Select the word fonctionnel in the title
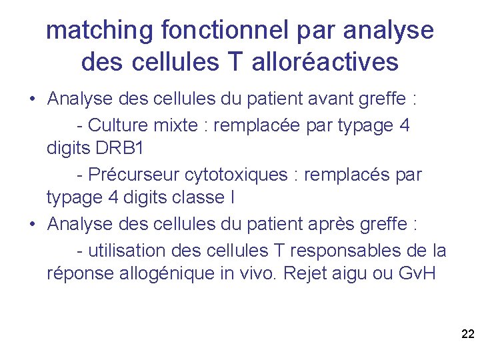click(x=225, y=30)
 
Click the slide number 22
click(x=467, y=333)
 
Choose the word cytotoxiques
click(x=238, y=175)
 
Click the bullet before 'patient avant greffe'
click(x=31, y=100)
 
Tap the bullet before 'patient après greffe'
click(x=31, y=225)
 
